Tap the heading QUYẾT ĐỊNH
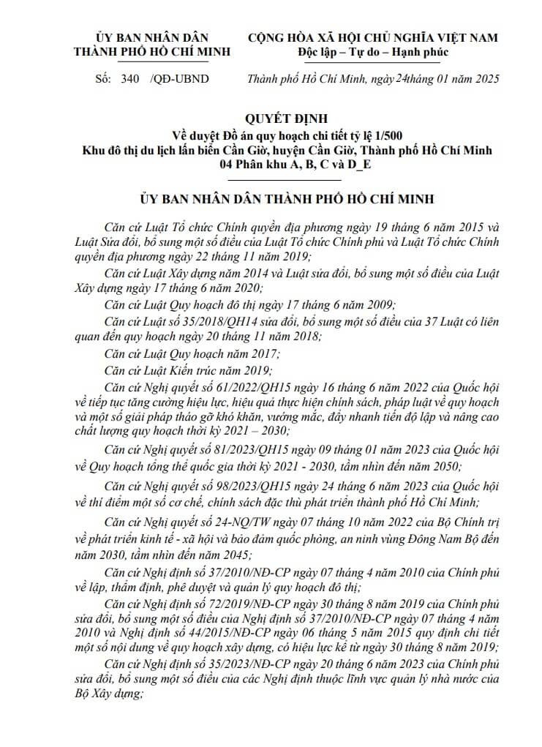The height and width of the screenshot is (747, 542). tap(287, 117)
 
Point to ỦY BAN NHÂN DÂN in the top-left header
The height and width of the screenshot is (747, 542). tap(151, 37)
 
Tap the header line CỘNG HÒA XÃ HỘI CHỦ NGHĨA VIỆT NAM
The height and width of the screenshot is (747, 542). tap(373, 37)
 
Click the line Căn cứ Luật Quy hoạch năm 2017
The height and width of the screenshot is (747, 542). tap(192, 353)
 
